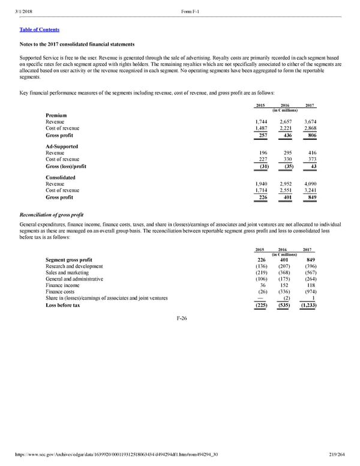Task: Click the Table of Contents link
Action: point(40,29)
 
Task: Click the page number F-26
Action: point(180,318)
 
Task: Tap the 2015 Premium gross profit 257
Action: point(262,136)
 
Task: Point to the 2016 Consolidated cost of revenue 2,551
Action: point(283,190)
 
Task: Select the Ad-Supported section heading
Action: point(62,147)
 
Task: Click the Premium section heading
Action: point(56,115)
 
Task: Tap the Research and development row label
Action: point(74,267)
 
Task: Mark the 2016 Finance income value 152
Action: point(286,286)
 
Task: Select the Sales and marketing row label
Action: point(67,273)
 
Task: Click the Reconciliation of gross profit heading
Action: point(51,214)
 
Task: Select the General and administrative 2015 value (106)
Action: point(261,279)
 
